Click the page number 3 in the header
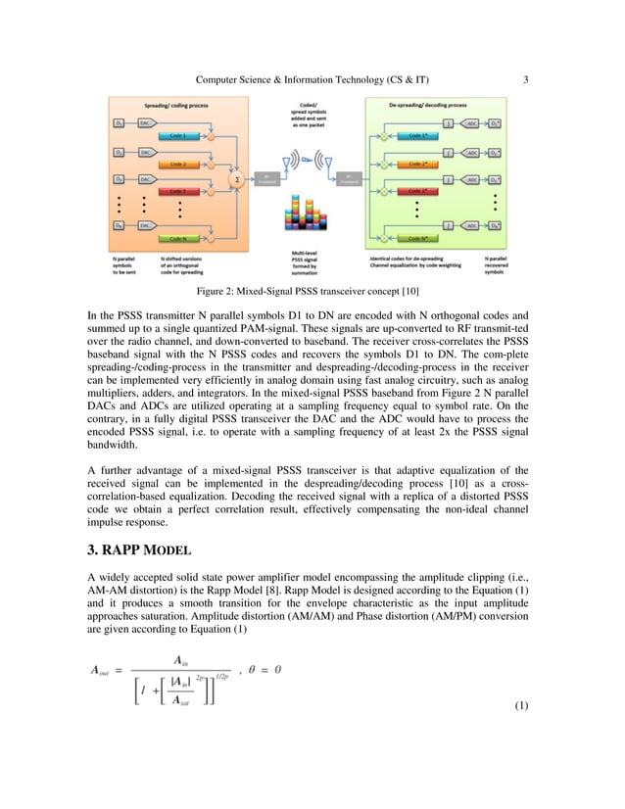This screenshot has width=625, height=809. click(x=526, y=78)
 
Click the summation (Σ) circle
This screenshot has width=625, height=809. click(x=235, y=180)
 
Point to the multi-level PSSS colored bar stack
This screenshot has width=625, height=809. click(x=303, y=221)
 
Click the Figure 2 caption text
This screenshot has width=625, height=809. click(x=312, y=291)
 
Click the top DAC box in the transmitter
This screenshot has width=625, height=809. click(x=143, y=124)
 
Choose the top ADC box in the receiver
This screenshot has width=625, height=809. click(x=471, y=124)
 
